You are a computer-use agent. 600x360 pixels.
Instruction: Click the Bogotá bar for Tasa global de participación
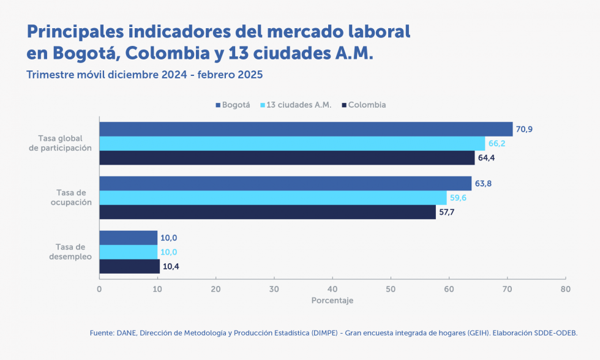point(306,129)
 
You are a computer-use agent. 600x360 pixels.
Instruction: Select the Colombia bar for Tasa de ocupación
point(268,212)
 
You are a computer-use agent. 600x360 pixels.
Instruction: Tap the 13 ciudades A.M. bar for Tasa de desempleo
point(129,252)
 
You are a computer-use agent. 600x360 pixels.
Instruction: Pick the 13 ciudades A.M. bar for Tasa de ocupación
point(273,198)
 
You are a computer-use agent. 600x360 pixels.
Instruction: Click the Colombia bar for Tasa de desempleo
point(130,266)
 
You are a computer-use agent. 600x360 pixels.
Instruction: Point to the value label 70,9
point(525,129)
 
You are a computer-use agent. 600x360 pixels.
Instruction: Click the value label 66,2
point(497,144)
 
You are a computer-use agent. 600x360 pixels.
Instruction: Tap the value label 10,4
point(171,267)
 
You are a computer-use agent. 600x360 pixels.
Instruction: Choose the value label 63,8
point(484,184)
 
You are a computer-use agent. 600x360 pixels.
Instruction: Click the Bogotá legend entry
point(233,105)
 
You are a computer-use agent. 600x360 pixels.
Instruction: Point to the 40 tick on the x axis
point(332,288)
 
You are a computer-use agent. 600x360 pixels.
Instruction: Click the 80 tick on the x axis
point(565,288)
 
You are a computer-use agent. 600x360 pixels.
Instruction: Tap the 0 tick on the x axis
point(99,288)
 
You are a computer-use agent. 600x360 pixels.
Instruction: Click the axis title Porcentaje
point(332,301)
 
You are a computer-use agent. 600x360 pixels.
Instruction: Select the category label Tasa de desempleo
point(70,252)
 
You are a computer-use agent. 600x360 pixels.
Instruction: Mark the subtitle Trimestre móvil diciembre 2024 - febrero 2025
point(144,75)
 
